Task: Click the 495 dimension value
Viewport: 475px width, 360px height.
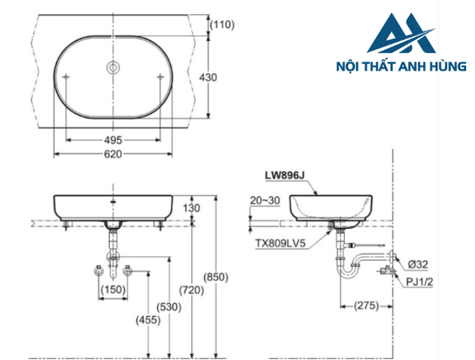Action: tap(113, 140)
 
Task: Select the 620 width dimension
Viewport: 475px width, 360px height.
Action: tap(113, 156)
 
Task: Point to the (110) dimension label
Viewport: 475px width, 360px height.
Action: tap(222, 25)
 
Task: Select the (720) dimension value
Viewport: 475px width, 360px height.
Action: tap(192, 291)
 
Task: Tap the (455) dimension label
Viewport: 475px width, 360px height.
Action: tap(147, 319)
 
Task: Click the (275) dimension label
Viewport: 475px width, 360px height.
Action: tap(367, 306)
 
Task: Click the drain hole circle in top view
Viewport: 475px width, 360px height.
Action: tap(113, 68)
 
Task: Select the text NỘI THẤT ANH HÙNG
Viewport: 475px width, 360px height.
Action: tap(401, 67)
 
